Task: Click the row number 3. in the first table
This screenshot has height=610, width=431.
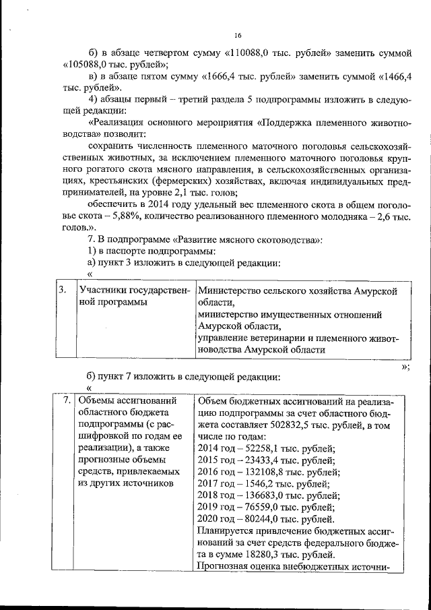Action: point(62,290)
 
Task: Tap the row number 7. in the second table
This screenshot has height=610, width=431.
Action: point(67,400)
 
